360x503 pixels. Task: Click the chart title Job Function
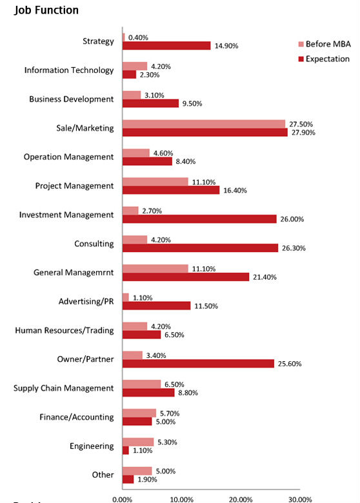tap(46, 10)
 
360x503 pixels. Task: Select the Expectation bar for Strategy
tap(166, 46)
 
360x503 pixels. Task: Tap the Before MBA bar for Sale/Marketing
tap(204, 124)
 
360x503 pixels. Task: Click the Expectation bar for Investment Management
tap(199, 219)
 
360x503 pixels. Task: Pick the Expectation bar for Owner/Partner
tap(198, 364)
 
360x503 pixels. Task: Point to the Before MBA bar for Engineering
tap(138, 442)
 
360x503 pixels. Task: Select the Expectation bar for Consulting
tap(200, 248)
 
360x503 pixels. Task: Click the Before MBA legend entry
tap(325, 44)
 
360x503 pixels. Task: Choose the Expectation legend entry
tap(324, 59)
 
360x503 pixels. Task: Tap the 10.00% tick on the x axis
tap(181, 500)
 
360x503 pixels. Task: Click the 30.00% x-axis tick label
tap(300, 500)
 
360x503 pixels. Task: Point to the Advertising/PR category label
tap(86, 302)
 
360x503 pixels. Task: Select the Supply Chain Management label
tap(63, 388)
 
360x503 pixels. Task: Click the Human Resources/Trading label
tap(65, 330)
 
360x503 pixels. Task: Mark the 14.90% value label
tap(226, 46)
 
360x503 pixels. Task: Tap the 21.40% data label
tap(265, 277)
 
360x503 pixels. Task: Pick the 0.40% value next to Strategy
tap(138, 37)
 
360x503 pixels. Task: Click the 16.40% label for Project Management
tap(235, 190)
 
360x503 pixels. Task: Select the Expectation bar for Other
tap(128, 479)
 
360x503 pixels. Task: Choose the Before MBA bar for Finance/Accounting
tap(139, 413)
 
